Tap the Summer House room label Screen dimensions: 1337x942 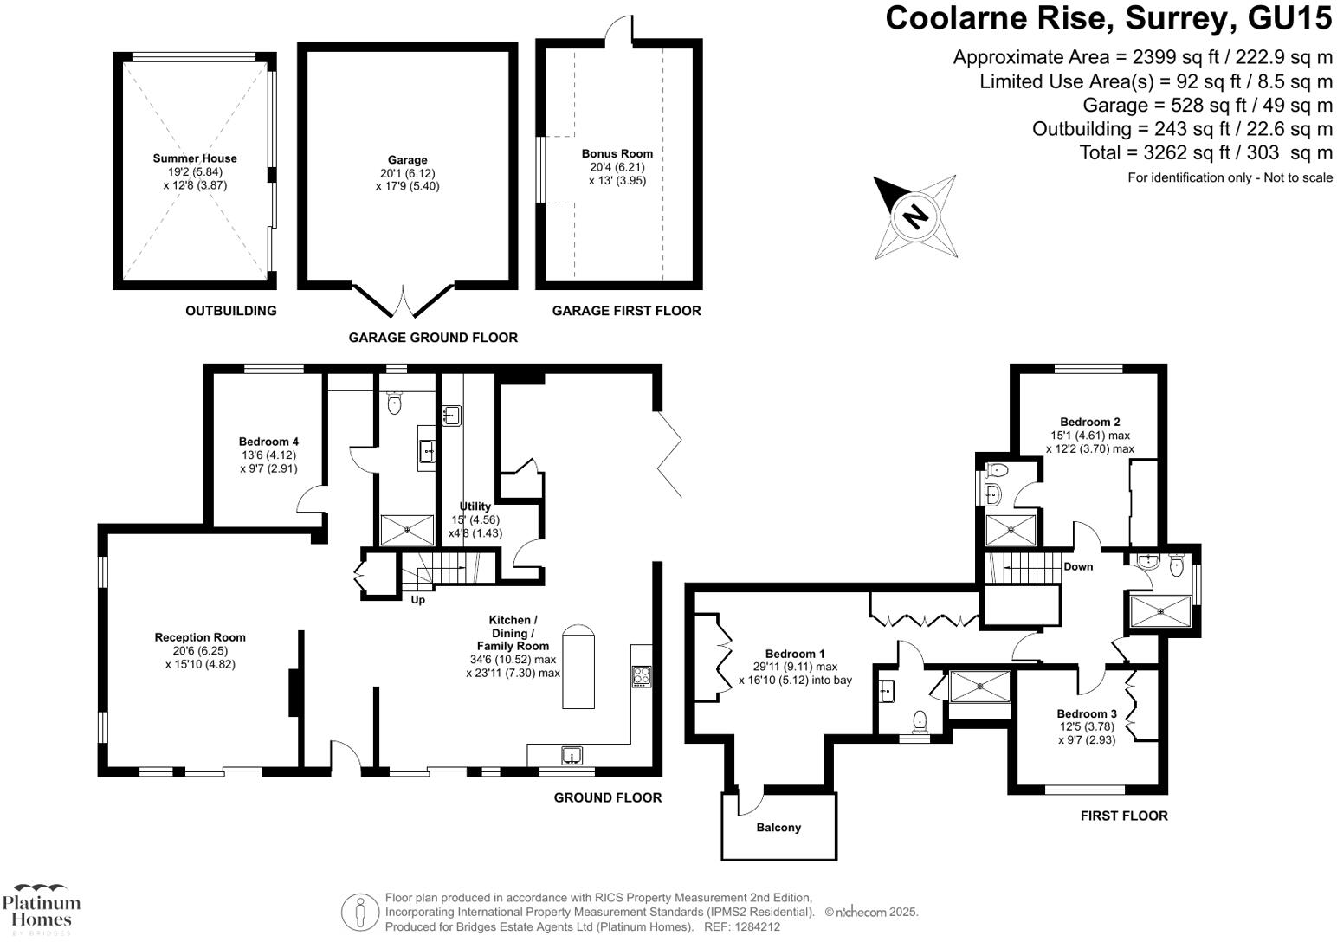(194, 158)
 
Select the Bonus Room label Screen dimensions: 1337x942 (617, 154)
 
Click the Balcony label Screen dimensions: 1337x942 (778, 828)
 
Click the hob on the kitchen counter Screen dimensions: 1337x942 (642, 675)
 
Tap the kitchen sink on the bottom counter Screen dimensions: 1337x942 (572, 755)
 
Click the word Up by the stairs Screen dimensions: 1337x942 (417, 600)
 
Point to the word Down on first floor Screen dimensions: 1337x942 (1078, 567)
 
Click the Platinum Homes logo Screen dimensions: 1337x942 (41, 909)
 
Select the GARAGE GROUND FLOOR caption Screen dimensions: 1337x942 (433, 338)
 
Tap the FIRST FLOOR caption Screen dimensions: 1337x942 (1124, 816)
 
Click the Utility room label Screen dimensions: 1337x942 (475, 506)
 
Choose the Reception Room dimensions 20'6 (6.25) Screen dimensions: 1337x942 (200, 651)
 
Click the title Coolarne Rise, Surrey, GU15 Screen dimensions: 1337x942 (1108, 18)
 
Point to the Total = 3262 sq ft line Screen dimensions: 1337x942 (1205, 153)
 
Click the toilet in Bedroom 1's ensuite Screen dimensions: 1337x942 (920, 720)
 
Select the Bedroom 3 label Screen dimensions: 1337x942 (1087, 714)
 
